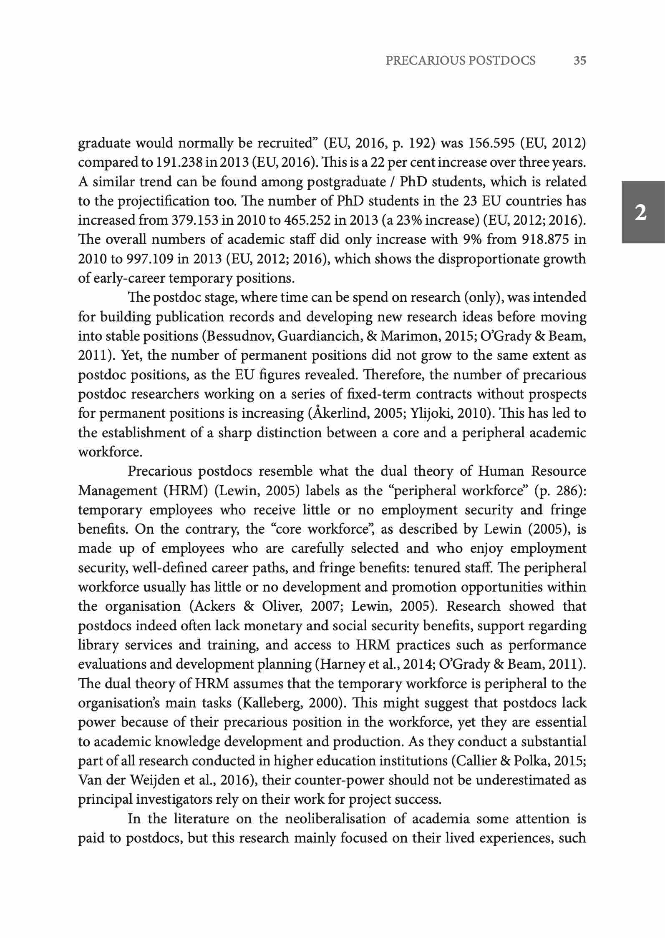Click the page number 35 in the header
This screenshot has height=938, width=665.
pyautogui.click(x=580, y=61)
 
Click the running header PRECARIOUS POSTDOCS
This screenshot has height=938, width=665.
pyautogui.click(x=461, y=61)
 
